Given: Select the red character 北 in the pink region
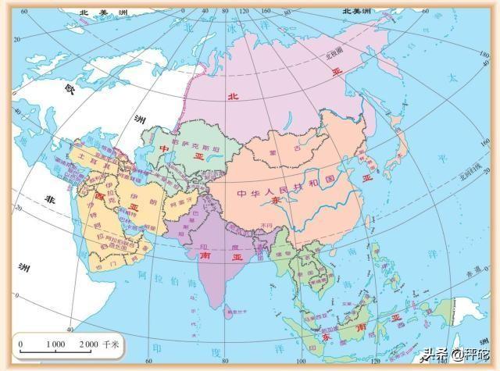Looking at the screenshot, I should pyautogui.click(x=231, y=97).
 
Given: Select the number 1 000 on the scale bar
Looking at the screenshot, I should pyautogui.click(x=55, y=344).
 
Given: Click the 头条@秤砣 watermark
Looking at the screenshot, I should pyautogui.click(x=454, y=355).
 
